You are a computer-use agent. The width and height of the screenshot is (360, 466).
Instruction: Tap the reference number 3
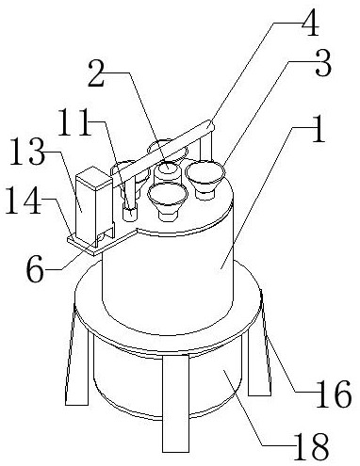click(323, 63)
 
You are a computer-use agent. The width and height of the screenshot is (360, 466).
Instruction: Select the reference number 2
click(96, 73)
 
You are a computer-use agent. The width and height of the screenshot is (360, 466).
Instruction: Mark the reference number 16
click(334, 394)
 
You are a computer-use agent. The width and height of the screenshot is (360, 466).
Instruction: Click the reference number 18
click(311, 446)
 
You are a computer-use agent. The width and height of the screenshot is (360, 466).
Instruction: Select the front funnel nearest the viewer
click(168, 201)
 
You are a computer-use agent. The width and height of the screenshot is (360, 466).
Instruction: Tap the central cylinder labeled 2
click(168, 174)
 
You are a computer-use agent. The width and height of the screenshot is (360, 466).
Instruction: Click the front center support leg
click(176, 403)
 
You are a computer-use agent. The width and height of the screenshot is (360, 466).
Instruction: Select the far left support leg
click(78, 361)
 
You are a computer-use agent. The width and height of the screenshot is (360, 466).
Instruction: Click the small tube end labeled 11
click(130, 214)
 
